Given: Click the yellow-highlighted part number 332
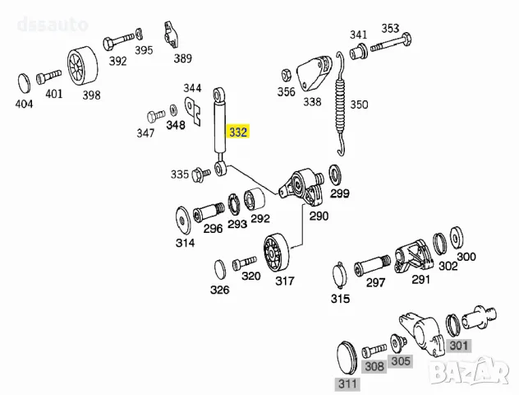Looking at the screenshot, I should pyautogui.click(x=238, y=132).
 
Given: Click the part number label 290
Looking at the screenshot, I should pyautogui.click(x=318, y=216).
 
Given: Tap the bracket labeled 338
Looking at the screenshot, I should pyautogui.click(x=313, y=75).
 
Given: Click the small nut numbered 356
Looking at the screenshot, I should pyautogui.click(x=285, y=73).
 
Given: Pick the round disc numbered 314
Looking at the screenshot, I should pyautogui.click(x=181, y=221).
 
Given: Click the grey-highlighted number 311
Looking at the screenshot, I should pyautogui.click(x=347, y=383).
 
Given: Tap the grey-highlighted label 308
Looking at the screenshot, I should pyautogui.click(x=374, y=366).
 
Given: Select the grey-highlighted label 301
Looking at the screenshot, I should pyautogui.click(x=458, y=346).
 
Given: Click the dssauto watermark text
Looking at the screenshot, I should pyautogui.click(x=51, y=24).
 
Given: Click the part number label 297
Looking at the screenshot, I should pyautogui.click(x=375, y=282).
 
